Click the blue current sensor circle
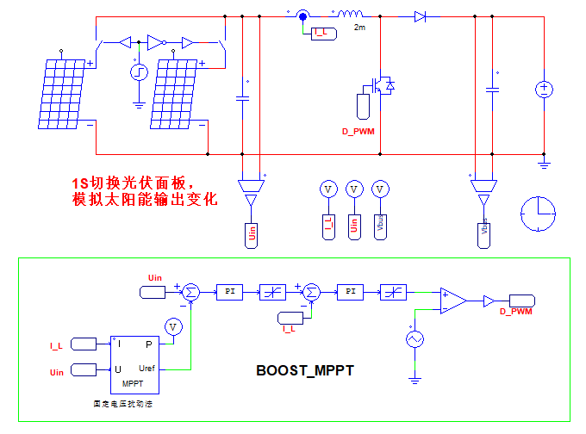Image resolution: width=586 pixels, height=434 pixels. (x=303, y=15)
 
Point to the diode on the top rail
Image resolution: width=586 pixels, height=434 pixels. (x=421, y=16)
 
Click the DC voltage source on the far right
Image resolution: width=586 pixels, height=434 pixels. (x=545, y=89)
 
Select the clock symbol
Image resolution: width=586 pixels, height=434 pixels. (x=539, y=212)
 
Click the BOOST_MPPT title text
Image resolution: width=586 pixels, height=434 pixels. (x=306, y=371)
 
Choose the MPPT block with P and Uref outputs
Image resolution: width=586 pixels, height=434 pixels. (x=134, y=361)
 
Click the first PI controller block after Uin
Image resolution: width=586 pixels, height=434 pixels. (x=230, y=293)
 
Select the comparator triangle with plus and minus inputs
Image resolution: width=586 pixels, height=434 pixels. (x=452, y=301)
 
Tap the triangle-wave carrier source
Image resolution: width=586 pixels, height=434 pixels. (x=415, y=339)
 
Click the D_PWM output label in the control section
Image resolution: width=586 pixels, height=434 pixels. (x=516, y=311)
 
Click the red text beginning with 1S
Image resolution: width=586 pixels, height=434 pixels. (x=142, y=192)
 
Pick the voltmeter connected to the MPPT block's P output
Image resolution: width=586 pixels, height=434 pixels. (x=174, y=326)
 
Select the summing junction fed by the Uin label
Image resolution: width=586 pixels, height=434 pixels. (x=191, y=293)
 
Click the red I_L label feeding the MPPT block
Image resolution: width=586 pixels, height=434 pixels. (x=56, y=345)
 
